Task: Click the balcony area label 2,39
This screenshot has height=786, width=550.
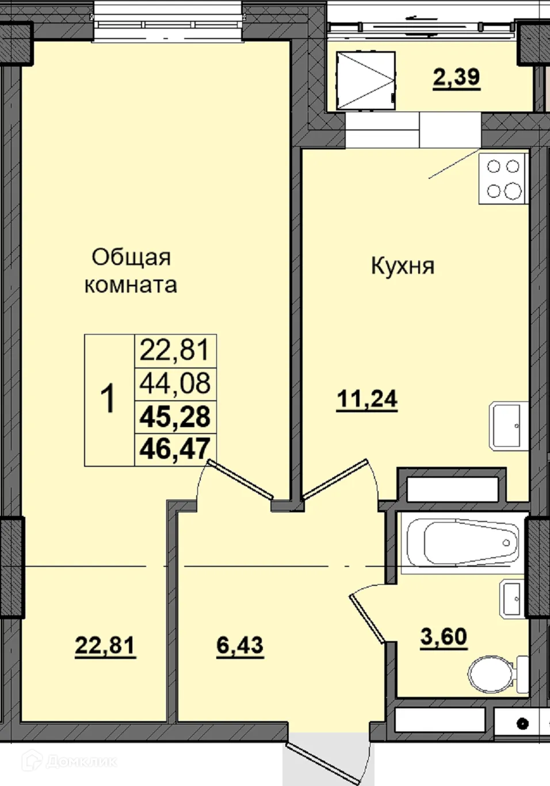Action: (456, 77)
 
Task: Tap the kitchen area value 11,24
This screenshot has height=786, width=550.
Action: (367, 398)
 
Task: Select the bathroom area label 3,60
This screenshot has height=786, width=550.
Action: (444, 638)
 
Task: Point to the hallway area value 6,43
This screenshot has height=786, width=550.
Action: (240, 646)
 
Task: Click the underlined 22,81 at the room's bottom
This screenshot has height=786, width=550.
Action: (105, 646)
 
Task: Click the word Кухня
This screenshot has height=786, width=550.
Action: (403, 267)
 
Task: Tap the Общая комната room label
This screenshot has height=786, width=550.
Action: (131, 271)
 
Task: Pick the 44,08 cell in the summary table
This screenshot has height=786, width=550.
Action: (175, 384)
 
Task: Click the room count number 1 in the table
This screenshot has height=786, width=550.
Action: (108, 400)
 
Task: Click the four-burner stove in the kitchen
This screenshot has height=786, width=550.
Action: (503, 179)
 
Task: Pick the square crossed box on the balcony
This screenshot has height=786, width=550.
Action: (366, 80)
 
